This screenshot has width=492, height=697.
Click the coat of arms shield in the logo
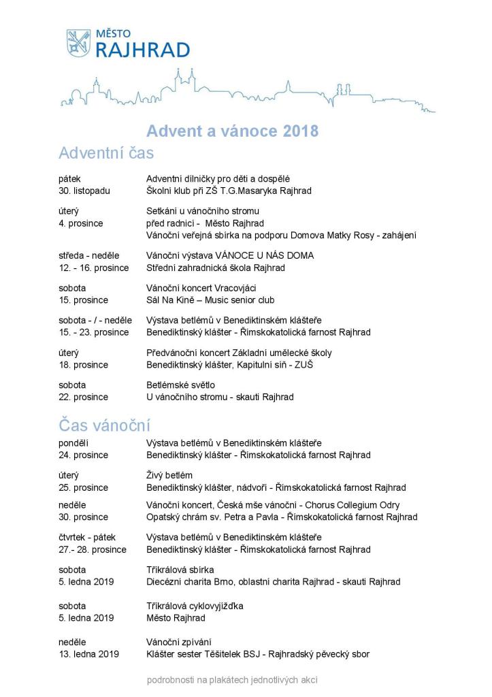(78, 43)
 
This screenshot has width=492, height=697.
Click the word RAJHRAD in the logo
(142, 50)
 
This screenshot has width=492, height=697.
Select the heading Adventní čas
(106, 152)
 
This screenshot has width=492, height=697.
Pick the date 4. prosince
(81, 223)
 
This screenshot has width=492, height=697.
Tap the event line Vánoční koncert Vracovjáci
(201, 288)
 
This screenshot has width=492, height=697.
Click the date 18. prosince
(84, 365)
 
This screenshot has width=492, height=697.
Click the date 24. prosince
(84, 455)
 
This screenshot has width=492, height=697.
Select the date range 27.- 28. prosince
(93, 549)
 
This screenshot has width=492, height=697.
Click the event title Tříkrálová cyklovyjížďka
(195, 606)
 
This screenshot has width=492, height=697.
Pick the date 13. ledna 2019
(89, 654)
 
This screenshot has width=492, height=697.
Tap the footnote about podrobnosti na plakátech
(232, 679)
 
